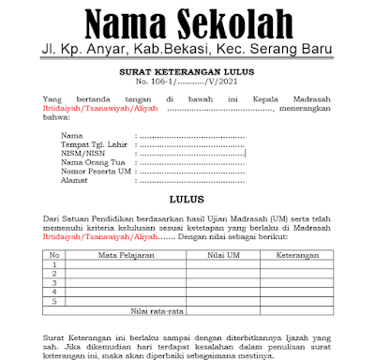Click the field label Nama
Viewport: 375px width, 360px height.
(x=70, y=137)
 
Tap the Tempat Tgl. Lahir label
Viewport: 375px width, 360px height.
(x=91, y=145)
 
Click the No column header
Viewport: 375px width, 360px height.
(x=54, y=254)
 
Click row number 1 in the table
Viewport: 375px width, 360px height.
(x=54, y=263)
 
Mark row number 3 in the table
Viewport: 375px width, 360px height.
(x=54, y=282)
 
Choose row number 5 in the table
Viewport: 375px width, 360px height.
(x=54, y=300)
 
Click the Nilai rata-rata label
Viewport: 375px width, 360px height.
(x=156, y=309)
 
